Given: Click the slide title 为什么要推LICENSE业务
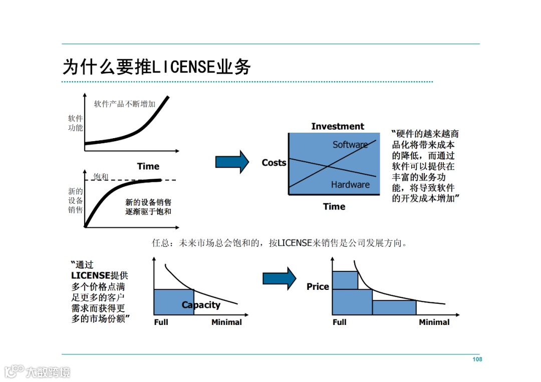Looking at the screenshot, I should point(156,67).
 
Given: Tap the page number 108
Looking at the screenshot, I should point(477,359).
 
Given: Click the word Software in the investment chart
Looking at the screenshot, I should point(350,145).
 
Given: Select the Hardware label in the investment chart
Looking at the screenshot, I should point(350,185).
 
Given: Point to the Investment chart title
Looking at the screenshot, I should point(338,126).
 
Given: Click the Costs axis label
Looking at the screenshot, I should point(274,163).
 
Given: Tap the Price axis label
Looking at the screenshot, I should point(318,287).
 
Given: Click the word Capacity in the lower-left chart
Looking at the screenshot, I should point(201,305).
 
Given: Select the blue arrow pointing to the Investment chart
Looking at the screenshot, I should point(232,162).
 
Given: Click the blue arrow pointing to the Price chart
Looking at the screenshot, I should point(280,278).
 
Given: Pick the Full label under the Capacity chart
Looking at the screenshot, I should point(161,322).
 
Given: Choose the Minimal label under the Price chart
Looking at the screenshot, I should point(434,322).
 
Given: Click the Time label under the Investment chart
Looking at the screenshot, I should point(334,206).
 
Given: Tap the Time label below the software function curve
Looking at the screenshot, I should point(148,166).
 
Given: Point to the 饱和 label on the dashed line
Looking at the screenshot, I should point(101,177).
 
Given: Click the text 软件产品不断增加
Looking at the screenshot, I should point(125,104).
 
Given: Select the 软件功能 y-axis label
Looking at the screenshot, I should point(76,123).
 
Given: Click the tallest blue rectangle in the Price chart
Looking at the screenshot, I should point(345,280).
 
